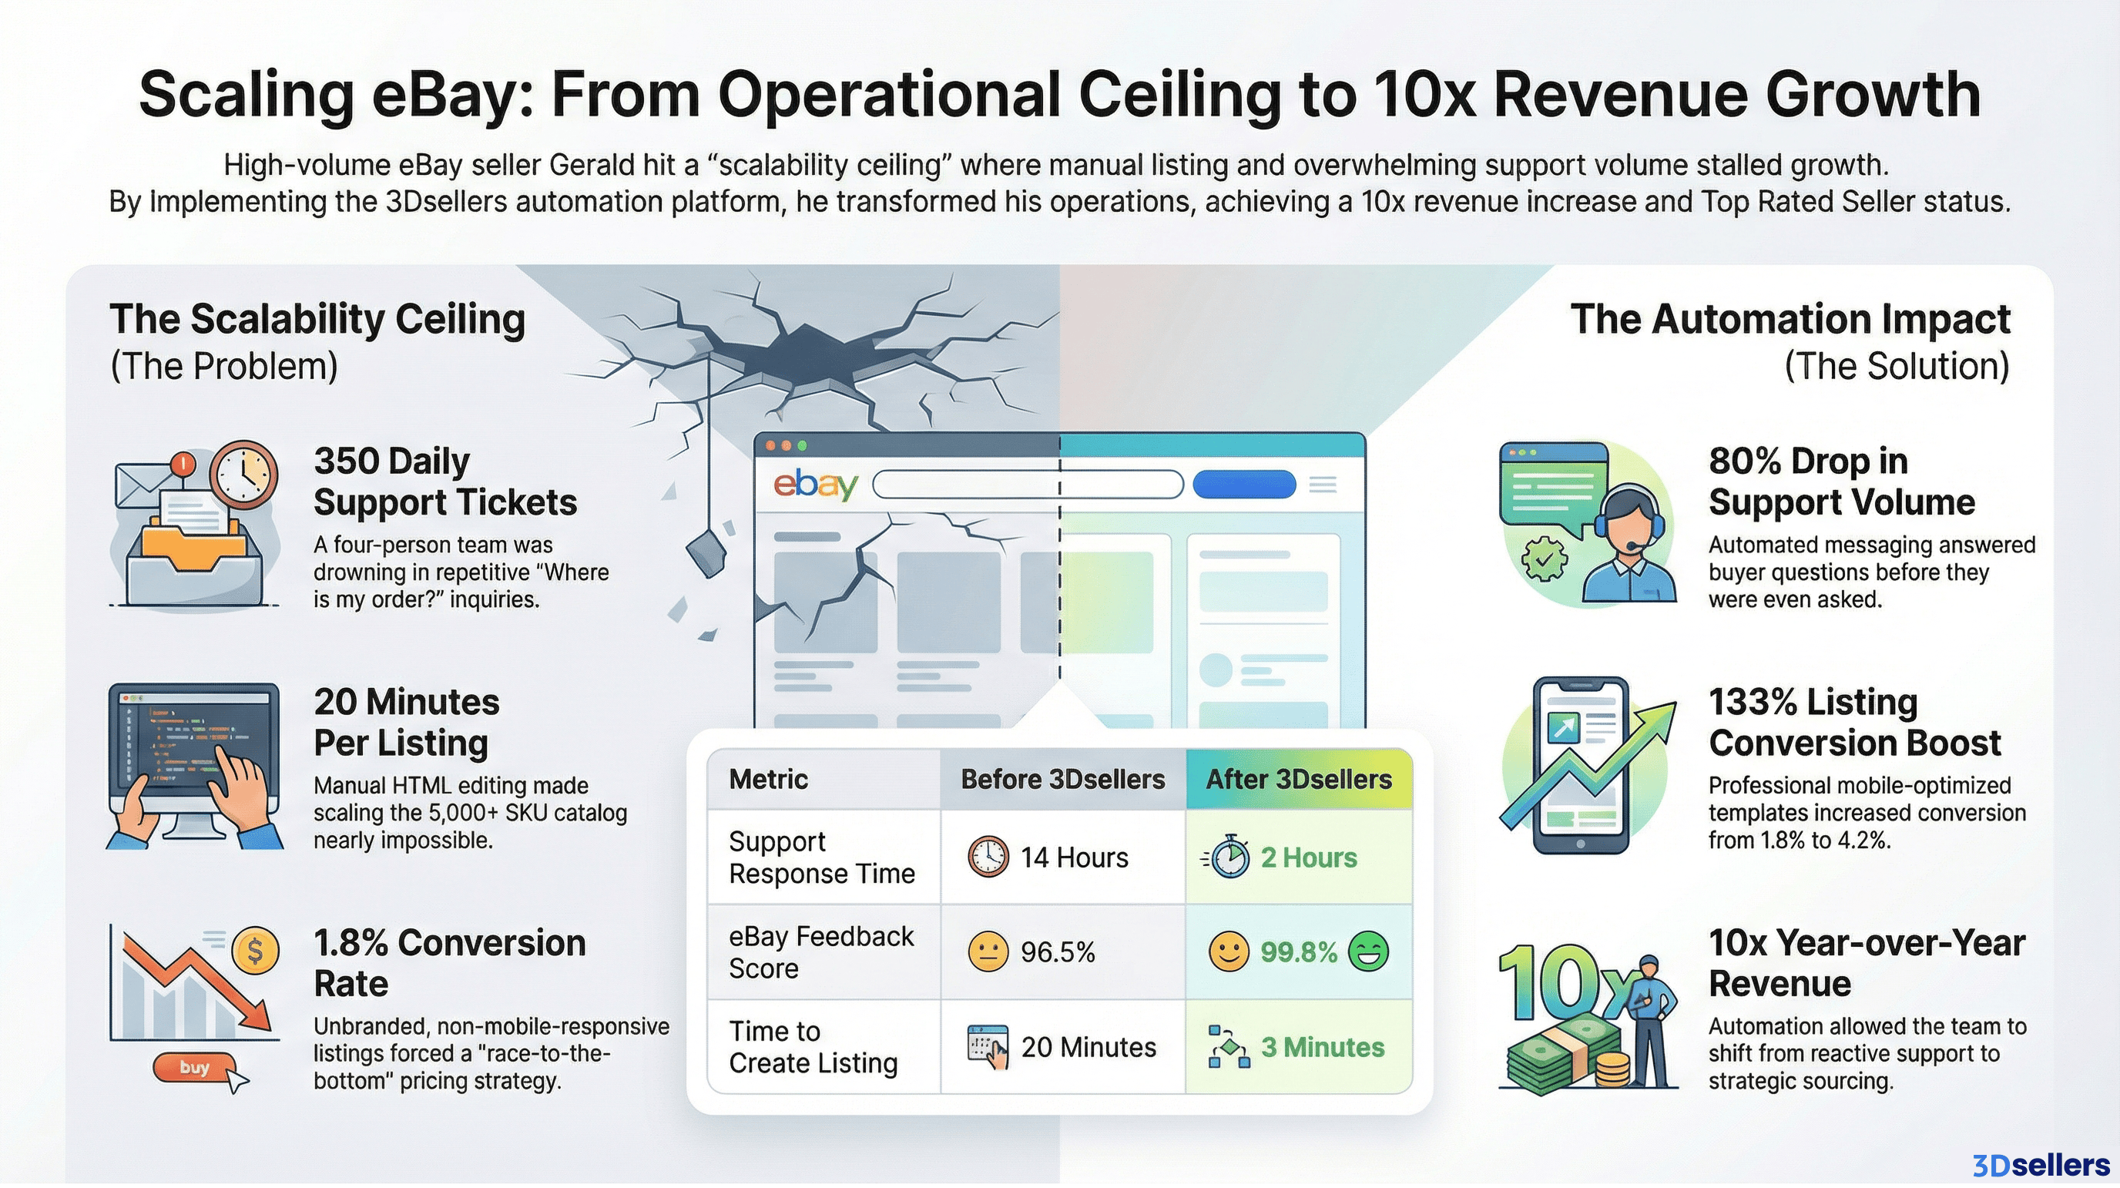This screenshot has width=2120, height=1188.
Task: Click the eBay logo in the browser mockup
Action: (x=815, y=484)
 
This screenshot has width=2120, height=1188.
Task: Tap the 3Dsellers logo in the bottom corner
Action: (x=2040, y=1165)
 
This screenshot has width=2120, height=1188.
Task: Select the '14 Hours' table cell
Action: (x=1062, y=857)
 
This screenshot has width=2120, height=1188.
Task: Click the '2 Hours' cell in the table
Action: (x=1299, y=857)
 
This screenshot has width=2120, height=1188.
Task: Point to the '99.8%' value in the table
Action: (x=1299, y=951)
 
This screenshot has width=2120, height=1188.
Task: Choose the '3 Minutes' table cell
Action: (x=1299, y=1047)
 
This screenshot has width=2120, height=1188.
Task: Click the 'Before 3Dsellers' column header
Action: (x=1062, y=779)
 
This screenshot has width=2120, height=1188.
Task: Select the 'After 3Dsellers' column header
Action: (x=1299, y=779)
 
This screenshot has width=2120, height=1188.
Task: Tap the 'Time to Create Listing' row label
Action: (x=813, y=1047)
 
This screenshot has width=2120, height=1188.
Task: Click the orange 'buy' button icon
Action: (x=194, y=1067)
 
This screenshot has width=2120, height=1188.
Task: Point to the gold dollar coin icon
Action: (x=255, y=951)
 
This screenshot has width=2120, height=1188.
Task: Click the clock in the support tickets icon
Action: (x=243, y=475)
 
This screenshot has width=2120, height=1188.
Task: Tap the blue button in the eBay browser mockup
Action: (x=1243, y=484)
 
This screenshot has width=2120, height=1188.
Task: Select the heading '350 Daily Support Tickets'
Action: (x=444, y=482)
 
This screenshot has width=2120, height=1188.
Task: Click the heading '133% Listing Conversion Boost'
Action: (x=1854, y=722)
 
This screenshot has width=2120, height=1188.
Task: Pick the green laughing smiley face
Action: (x=1369, y=951)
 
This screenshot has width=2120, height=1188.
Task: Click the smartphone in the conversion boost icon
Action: (x=1580, y=766)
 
